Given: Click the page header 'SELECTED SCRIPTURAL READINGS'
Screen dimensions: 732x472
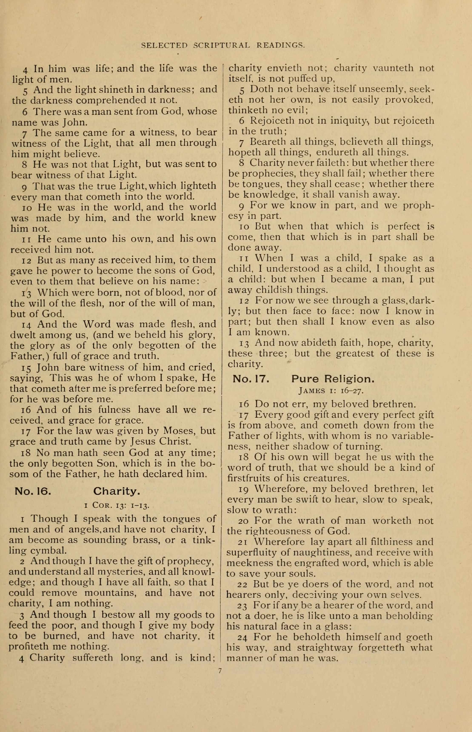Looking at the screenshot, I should coord(223,45).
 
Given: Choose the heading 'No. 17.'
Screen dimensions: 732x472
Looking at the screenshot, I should coord(251,379).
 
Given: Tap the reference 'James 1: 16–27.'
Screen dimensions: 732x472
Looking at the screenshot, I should coord(331,391).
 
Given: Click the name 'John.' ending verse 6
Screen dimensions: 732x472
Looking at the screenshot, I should coord(75,122).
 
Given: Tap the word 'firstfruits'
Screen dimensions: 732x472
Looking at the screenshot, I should coord(250,479).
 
